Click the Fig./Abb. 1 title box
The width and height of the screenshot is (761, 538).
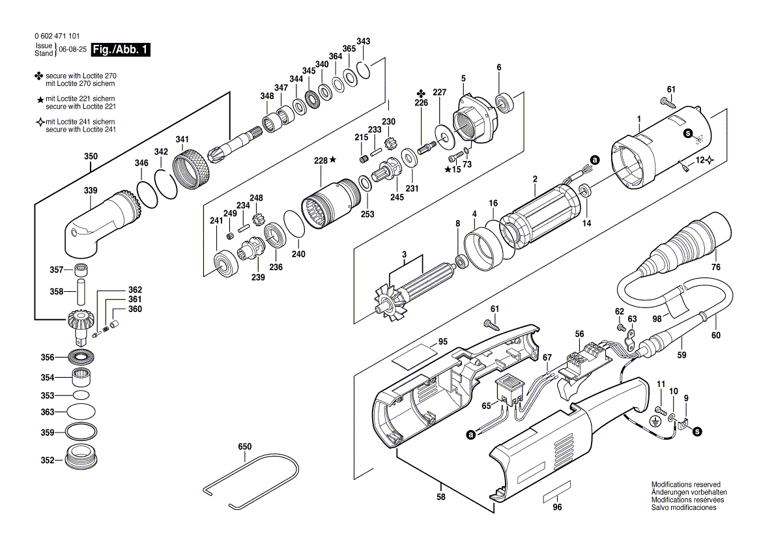click(121, 50)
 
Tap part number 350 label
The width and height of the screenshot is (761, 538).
click(91, 157)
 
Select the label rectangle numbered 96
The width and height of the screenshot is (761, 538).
click(556, 493)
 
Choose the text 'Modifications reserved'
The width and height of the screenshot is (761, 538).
click(685, 485)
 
